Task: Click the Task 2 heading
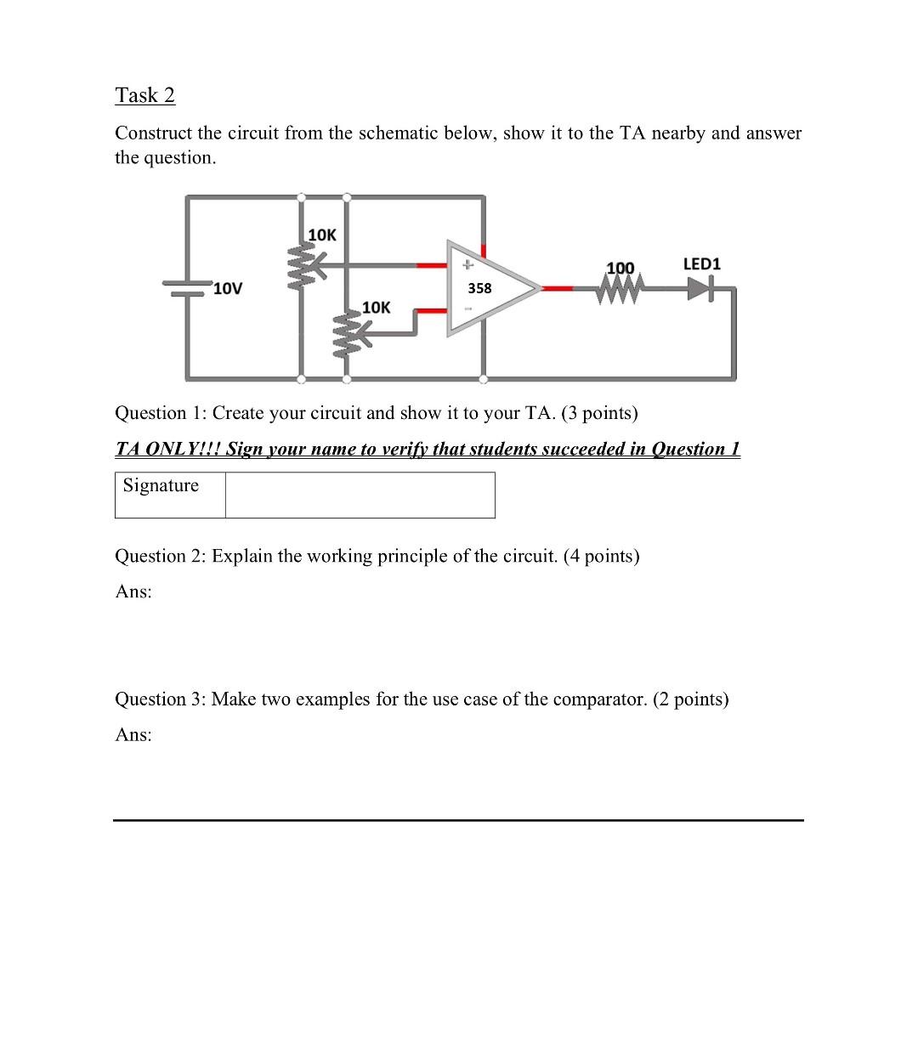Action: point(144,95)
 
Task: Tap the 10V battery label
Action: point(228,289)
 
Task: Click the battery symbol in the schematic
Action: point(187,289)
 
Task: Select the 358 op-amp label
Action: point(479,288)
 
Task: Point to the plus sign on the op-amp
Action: point(466,265)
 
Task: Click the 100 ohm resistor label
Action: point(620,268)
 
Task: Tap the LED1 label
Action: point(701,264)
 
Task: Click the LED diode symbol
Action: point(700,290)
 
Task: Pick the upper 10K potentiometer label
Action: point(321,235)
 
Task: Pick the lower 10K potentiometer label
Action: point(376,307)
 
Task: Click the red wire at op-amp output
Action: point(558,289)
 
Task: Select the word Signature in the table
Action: point(161,485)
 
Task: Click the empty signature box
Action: point(360,495)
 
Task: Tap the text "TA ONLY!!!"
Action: point(167,449)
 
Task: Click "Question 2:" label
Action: point(161,556)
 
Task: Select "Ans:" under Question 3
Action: point(133,735)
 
